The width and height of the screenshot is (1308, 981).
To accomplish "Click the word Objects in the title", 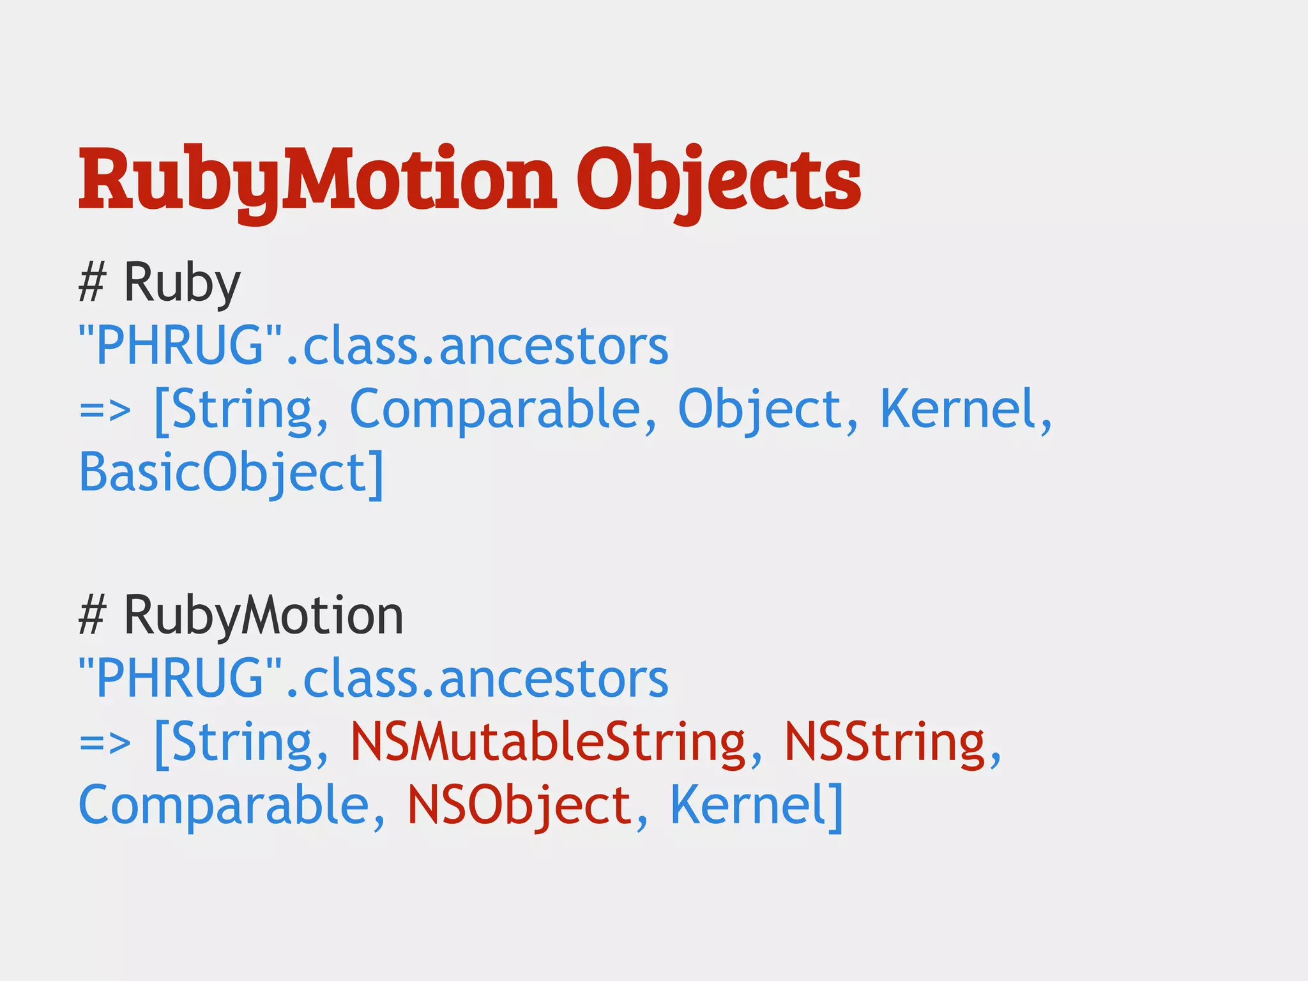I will point(719,179).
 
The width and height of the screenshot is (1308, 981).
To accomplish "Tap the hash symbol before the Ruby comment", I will point(91,282).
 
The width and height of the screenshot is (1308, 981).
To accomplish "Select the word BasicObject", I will point(222,473).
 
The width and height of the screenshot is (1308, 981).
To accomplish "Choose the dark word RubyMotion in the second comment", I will point(263,615).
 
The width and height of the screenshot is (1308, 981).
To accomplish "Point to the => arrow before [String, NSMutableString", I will point(105,742).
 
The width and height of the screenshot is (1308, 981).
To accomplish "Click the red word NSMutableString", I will point(548,742).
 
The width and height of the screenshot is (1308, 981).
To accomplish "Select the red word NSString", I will point(885,742).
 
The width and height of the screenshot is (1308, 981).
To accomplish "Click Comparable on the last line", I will point(224,805).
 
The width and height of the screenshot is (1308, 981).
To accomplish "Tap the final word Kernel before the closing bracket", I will point(748,805).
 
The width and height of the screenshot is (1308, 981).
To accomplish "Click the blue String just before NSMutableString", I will point(242,742).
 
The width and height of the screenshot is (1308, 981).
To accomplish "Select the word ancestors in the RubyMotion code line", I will point(554,678).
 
